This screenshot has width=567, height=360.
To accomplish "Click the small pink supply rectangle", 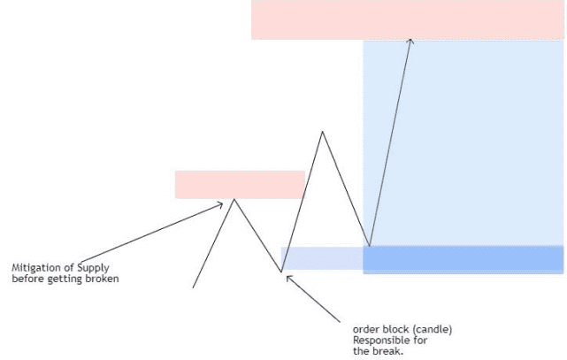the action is click(240, 185).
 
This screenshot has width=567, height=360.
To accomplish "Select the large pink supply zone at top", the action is click(408, 19).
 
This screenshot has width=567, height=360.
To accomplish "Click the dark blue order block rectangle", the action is click(464, 259).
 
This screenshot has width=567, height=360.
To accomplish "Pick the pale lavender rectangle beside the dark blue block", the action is click(322, 258).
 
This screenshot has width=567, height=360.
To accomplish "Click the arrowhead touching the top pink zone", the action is click(410, 41).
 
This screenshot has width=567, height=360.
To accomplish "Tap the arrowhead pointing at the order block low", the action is click(288, 278).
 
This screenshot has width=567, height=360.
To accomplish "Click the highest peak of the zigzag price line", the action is click(322, 132).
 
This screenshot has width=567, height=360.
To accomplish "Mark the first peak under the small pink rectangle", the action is click(234, 199).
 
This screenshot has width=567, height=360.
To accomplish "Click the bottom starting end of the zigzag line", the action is click(193, 288).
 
